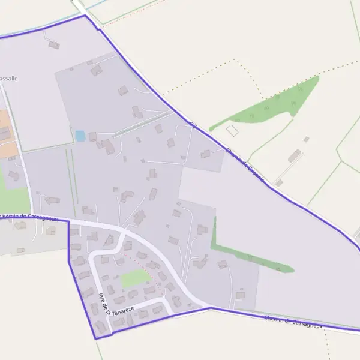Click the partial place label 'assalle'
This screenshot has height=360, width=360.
coord(9,79)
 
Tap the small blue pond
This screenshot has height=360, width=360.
coord(80,136)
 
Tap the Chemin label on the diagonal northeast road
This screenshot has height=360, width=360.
coord(245,160)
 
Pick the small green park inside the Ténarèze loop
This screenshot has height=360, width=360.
coord(134,278)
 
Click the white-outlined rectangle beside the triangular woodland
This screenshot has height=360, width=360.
coord(232,130)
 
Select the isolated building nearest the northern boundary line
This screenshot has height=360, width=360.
coord(54,44)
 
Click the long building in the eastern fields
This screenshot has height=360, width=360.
coord(294,156)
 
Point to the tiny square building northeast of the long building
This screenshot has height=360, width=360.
coord(306,139)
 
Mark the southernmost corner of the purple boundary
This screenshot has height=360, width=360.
coord(96,339)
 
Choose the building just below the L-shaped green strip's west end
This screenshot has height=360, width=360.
coord(223,264)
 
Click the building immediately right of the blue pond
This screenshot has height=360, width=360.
coord(92,137)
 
